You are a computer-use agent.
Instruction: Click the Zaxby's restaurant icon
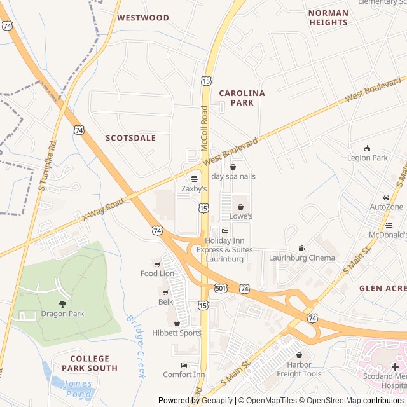pos(194,179)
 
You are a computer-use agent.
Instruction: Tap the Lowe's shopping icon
pos(241,206)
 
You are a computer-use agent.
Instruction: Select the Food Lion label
pos(157,273)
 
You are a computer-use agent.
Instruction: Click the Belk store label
pos(165,302)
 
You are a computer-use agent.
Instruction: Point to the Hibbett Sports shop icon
pos(177,323)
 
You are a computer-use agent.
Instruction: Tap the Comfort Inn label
pos(184,375)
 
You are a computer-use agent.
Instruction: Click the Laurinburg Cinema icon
pos(301,247)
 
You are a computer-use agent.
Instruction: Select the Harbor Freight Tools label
pos(299,369)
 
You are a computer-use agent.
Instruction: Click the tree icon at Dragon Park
pos(62,303)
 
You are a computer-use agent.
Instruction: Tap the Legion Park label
pos(367,158)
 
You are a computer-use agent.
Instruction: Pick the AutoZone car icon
pos(386,197)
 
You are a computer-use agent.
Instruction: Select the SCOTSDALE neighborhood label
pos(130,137)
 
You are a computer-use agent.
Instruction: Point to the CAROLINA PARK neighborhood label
pos(242,97)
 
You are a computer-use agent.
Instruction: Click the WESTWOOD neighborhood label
pos(143,18)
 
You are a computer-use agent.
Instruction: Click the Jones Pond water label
pos(78,389)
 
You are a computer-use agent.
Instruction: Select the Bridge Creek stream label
pos(136,347)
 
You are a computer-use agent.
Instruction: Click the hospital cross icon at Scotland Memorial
pos(395,367)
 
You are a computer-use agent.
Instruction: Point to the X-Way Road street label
pos(102,209)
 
